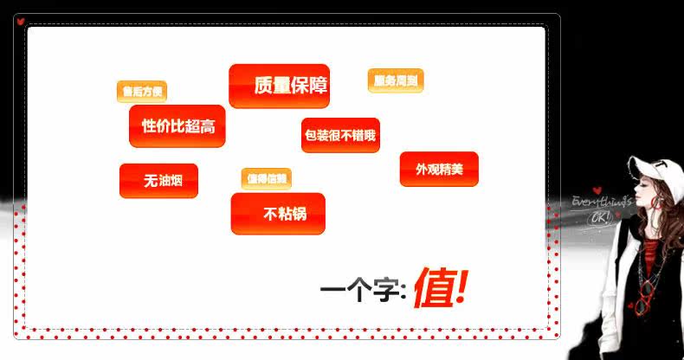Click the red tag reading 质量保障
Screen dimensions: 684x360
(279, 86)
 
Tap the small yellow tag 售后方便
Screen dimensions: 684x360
(142, 91)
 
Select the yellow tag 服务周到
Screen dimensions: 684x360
(396, 80)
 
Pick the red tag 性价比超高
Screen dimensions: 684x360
(177, 126)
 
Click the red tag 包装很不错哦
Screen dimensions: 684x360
(340, 135)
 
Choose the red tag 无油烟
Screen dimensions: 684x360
(158, 181)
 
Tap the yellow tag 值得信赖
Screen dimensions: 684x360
(267, 179)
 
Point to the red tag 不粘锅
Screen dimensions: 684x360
(278, 214)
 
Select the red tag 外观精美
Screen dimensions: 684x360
(439, 169)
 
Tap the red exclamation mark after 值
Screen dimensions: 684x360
(460, 287)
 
